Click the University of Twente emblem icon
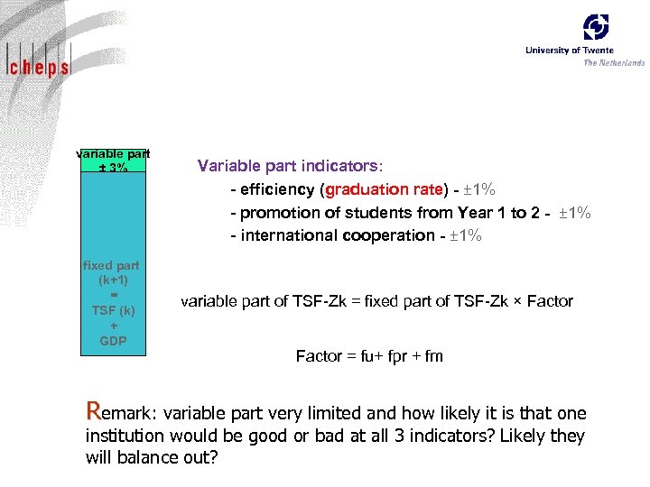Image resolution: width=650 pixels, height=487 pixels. pyautogui.click(x=596, y=27)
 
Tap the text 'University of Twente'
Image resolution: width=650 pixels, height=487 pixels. pyautogui.click(x=570, y=51)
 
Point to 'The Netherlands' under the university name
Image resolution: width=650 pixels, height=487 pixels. pyautogui.click(x=614, y=62)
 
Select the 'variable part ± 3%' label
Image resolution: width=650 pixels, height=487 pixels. pyautogui.click(x=113, y=160)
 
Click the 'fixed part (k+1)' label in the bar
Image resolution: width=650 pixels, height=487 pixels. pyautogui.click(x=113, y=272)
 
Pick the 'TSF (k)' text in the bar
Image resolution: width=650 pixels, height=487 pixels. pyautogui.click(x=113, y=310)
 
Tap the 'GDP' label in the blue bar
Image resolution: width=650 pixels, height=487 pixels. pyautogui.click(x=113, y=341)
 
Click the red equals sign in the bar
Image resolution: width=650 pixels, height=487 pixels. pyautogui.click(x=113, y=294)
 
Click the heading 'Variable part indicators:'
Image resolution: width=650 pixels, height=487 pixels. pyautogui.click(x=290, y=167)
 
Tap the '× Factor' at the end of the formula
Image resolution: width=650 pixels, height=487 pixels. pyautogui.click(x=544, y=301)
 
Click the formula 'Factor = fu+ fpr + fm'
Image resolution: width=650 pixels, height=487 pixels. pyautogui.click(x=369, y=356)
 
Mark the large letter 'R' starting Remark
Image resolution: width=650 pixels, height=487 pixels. pyautogui.click(x=93, y=411)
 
